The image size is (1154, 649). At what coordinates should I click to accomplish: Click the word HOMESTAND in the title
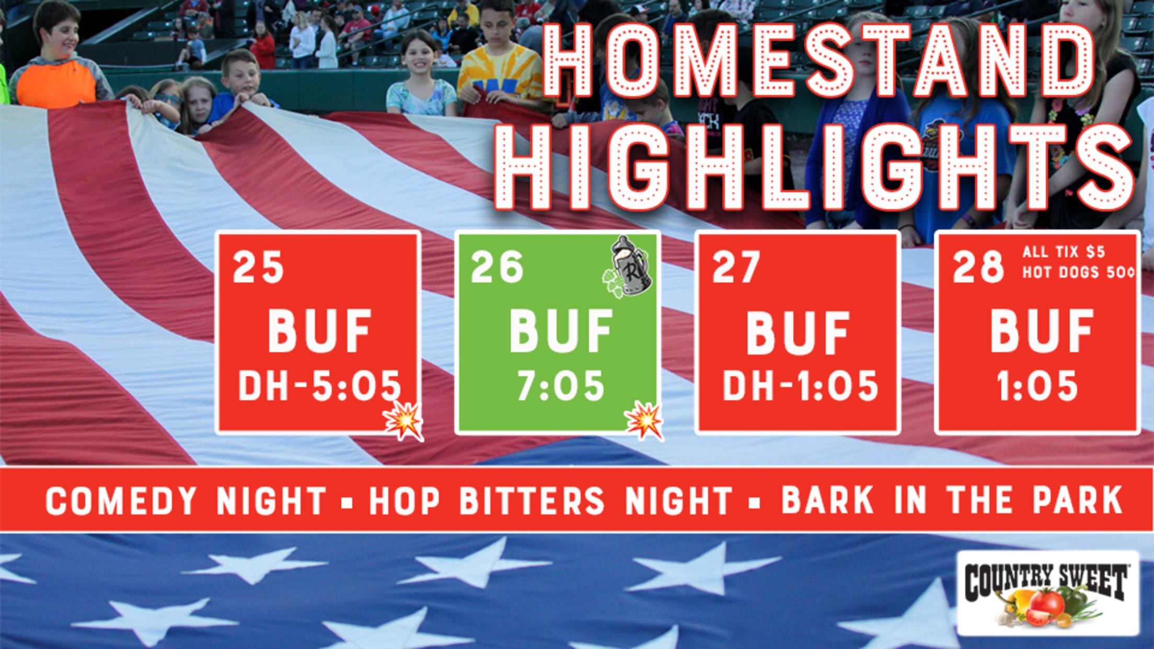coord(819,60)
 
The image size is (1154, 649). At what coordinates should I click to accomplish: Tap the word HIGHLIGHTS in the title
coord(816,167)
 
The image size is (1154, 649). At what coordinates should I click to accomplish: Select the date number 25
coord(258,267)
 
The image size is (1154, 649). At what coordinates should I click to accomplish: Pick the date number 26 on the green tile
coord(497,267)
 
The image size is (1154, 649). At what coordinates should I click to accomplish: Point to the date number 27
coord(736,267)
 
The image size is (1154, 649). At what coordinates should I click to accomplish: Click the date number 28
coord(978,267)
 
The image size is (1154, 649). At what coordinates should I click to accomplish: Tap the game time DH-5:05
coord(320,386)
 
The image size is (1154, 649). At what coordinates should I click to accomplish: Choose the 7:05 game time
coord(561,386)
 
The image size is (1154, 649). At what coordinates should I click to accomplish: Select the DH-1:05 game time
coord(800,386)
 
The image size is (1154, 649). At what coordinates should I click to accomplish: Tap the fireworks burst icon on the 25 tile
coord(403,421)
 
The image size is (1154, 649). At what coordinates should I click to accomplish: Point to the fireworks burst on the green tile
coord(644,421)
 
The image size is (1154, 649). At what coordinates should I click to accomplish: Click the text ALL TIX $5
coord(1064,252)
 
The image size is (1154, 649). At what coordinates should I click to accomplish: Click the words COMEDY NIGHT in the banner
coord(186,501)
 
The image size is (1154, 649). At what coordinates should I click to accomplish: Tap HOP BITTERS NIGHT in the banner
coord(551,501)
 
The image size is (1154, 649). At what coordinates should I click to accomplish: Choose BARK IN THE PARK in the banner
coord(952,501)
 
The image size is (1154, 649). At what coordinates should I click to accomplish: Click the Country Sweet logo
coord(1048,593)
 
